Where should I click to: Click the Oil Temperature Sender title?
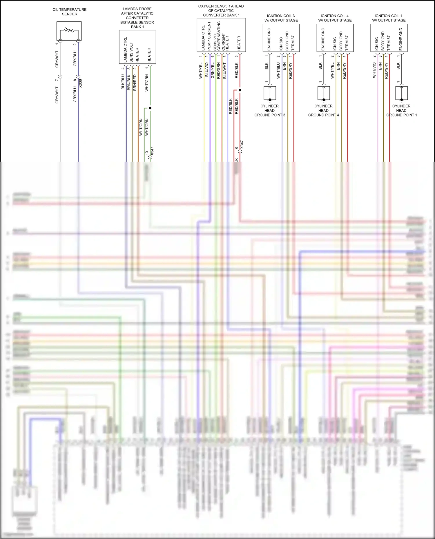(69, 12)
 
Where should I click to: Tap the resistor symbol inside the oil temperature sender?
(69, 30)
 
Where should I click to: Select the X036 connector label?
(81, 83)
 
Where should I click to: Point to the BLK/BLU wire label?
(123, 82)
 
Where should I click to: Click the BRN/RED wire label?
(135, 83)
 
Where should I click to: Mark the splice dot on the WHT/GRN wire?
(150, 108)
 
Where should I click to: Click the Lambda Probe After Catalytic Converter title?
(137, 18)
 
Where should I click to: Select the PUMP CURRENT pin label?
(209, 36)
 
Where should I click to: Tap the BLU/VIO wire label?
(207, 70)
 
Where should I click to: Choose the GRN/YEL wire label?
(213, 70)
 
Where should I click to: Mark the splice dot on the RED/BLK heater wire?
(240, 90)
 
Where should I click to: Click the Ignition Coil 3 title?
(281, 18)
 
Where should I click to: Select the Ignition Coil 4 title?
(335, 18)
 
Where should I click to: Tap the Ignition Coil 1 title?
(389, 18)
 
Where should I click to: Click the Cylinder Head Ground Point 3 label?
(270, 110)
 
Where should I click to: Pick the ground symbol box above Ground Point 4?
(324, 93)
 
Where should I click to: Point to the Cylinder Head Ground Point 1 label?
(401, 110)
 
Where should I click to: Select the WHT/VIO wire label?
(374, 70)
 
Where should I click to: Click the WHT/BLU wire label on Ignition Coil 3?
(278, 71)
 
